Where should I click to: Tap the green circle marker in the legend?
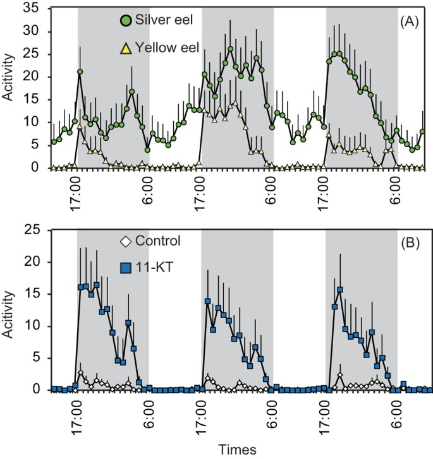coord(125,20)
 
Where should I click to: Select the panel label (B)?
coord(411,241)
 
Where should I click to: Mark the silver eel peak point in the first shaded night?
coord(80,72)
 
